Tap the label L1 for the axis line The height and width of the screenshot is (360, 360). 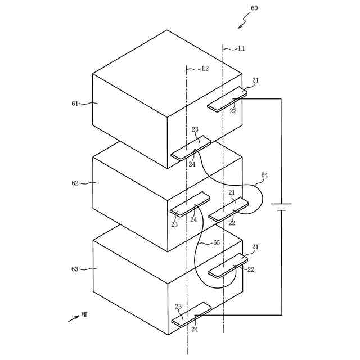tap(241, 49)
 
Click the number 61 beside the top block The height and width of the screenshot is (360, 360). tap(75, 103)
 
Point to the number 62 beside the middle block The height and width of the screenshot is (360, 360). tap(75, 183)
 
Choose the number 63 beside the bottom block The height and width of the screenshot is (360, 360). tap(75, 269)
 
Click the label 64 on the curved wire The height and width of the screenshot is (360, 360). tap(264, 175)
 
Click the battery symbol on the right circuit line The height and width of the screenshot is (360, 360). tap(281, 207)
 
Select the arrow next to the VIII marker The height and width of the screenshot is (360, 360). tap(73, 318)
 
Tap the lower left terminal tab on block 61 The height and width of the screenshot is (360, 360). tap(191, 148)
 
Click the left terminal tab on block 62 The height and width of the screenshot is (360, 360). tap(190, 205)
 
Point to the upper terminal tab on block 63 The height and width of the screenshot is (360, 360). tap(227, 265)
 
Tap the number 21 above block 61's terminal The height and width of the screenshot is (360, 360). tap(255, 81)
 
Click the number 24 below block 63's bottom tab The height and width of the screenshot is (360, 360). tap(195, 330)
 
